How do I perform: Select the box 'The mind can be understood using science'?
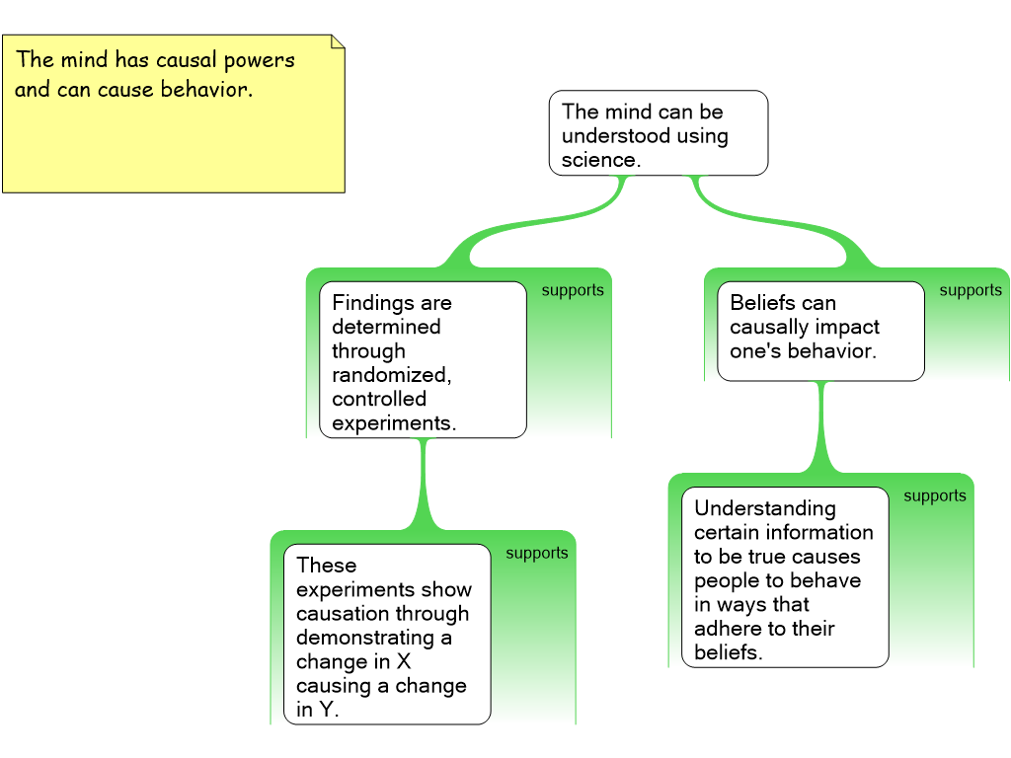(x=658, y=133)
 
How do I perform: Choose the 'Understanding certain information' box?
(x=785, y=578)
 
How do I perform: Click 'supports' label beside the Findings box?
(x=573, y=290)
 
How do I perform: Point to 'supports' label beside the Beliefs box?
(x=971, y=290)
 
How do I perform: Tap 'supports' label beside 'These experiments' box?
(x=537, y=553)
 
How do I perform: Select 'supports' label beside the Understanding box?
(x=935, y=495)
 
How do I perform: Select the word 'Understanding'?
(x=765, y=508)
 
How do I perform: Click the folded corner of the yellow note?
(x=337, y=41)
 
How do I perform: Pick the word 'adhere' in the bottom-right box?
(x=727, y=629)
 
